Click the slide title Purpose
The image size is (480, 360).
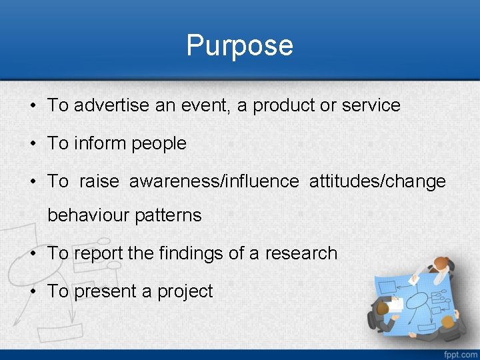pyautogui.click(x=239, y=45)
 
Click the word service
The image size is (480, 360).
pyautogui.click(x=371, y=105)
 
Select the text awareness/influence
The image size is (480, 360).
pyautogui.click(x=214, y=181)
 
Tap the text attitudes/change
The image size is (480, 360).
pyautogui.click(x=377, y=181)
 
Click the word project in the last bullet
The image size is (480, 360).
pyautogui.click(x=185, y=292)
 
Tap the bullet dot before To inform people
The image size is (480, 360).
pyautogui.click(x=33, y=144)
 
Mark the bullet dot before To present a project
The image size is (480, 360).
pyautogui.click(x=33, y=291)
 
